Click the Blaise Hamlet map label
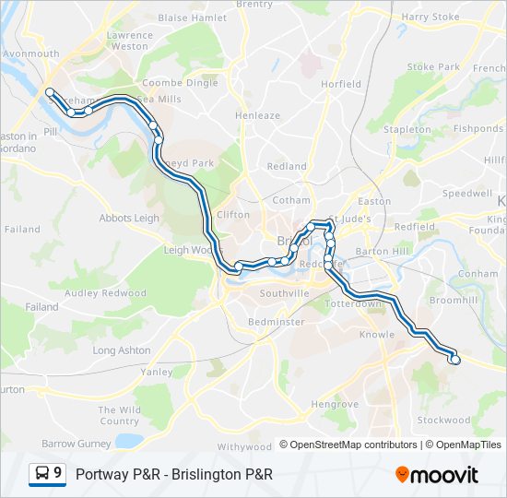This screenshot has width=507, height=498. pyautogui.click(x=192, y=18)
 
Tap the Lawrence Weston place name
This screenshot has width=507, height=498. pyautogui.click(x=129, y=41)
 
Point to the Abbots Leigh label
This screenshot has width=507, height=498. pyautogui.click(x=130, y=219)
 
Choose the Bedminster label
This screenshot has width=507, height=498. pyautogui.click(x=277, y=322)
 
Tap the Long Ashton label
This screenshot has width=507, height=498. pyautogui.click(x=122, y=350)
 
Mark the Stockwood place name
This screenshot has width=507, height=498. pyautogui.click(x=443, y=420)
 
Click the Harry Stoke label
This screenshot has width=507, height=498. pyautogui.click(x=430, y=17)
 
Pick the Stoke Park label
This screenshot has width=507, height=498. pyautogui.click(x=433, y=67)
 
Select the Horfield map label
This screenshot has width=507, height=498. pyautogui.click(x=341, y=84)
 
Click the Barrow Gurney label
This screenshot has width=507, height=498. pyautogui.click(x=76, y=444)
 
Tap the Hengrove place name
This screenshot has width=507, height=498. pyautogui.click(x=335, y=404)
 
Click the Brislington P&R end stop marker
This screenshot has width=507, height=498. pyautogui.click(x=454, y=361)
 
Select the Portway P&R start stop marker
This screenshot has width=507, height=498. pyautogui.click(x=50, y=92)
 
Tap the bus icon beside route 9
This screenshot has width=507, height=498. pyautogui.click(x=42, y=474)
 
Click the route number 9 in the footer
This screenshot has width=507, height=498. pyautogui.click(x=58, y=474)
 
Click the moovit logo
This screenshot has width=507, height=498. pyautogui.click(x=437, y=475)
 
